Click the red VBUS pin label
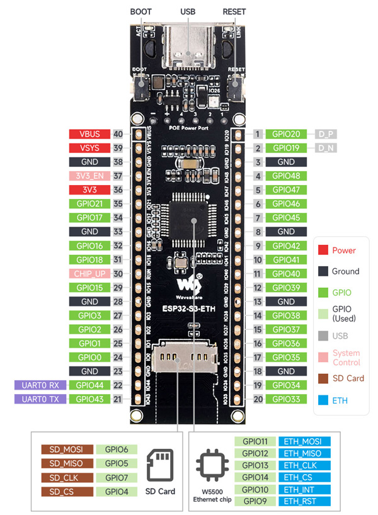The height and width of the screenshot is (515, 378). [89, 134]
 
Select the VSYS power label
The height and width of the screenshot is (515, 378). [89, 148]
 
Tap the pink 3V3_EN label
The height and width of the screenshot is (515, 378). [89, 176]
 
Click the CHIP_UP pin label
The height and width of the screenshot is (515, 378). [89, 273]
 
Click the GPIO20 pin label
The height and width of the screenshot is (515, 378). [287, 134]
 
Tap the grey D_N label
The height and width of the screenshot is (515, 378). [326, 148]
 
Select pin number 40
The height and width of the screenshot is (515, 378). [118, 134]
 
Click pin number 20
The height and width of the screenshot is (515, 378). [258, 399]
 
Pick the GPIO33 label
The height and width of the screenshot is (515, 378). [287, 399]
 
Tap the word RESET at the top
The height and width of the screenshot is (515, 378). [234, 12]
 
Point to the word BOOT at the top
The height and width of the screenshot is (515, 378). [140, 12]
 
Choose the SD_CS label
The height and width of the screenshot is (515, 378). [67, 492]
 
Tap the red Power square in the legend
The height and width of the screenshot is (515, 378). [321, 250]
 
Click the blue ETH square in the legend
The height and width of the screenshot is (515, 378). [321, 400]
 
